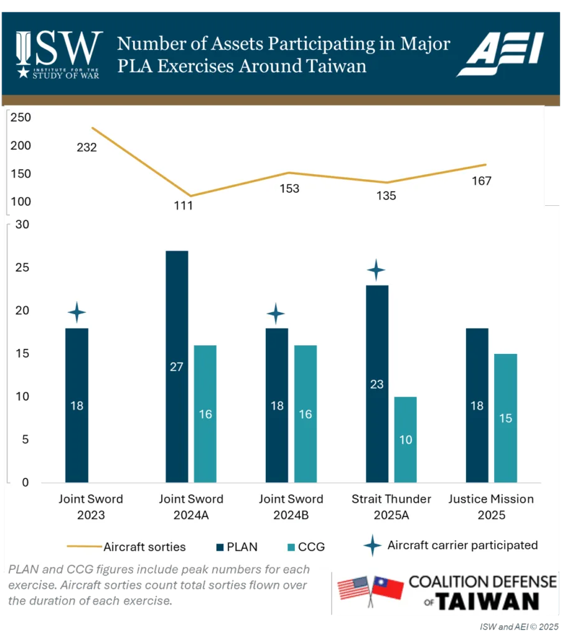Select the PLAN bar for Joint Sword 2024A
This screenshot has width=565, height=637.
pyautogui.click(x=177, y=366)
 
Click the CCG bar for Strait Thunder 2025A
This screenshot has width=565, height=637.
pyautogui.click(x=405, y=439)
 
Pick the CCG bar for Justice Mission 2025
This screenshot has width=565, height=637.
pyautogui.click(x=505, y=418)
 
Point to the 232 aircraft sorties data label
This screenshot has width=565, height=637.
pyautogui.click(x=86, y=147)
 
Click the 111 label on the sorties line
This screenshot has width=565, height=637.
pyautogui.click(x=183, y=205)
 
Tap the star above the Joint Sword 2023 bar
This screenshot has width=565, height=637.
pyautogui.click(x=77, y=312)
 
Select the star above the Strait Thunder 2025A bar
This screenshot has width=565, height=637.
pyautogui.click(x=376, y=271)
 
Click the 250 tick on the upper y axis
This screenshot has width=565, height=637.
pyautogui.click(x=21, y=118)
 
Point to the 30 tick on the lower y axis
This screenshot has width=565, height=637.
pyautogui.click(x=22, y=225)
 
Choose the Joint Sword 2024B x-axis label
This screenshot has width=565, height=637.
pyautogui.click(x=291, y=507)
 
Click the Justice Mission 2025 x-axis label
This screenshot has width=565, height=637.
pyautogui.click(x=491, y=507)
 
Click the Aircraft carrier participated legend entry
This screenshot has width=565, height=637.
pyautogui.click(x=451, y=546)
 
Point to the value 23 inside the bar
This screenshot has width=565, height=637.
pyautogui.click(x=377, y=384)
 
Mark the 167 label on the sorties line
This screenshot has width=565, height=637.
pyautogui.click(x=482, y=181)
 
